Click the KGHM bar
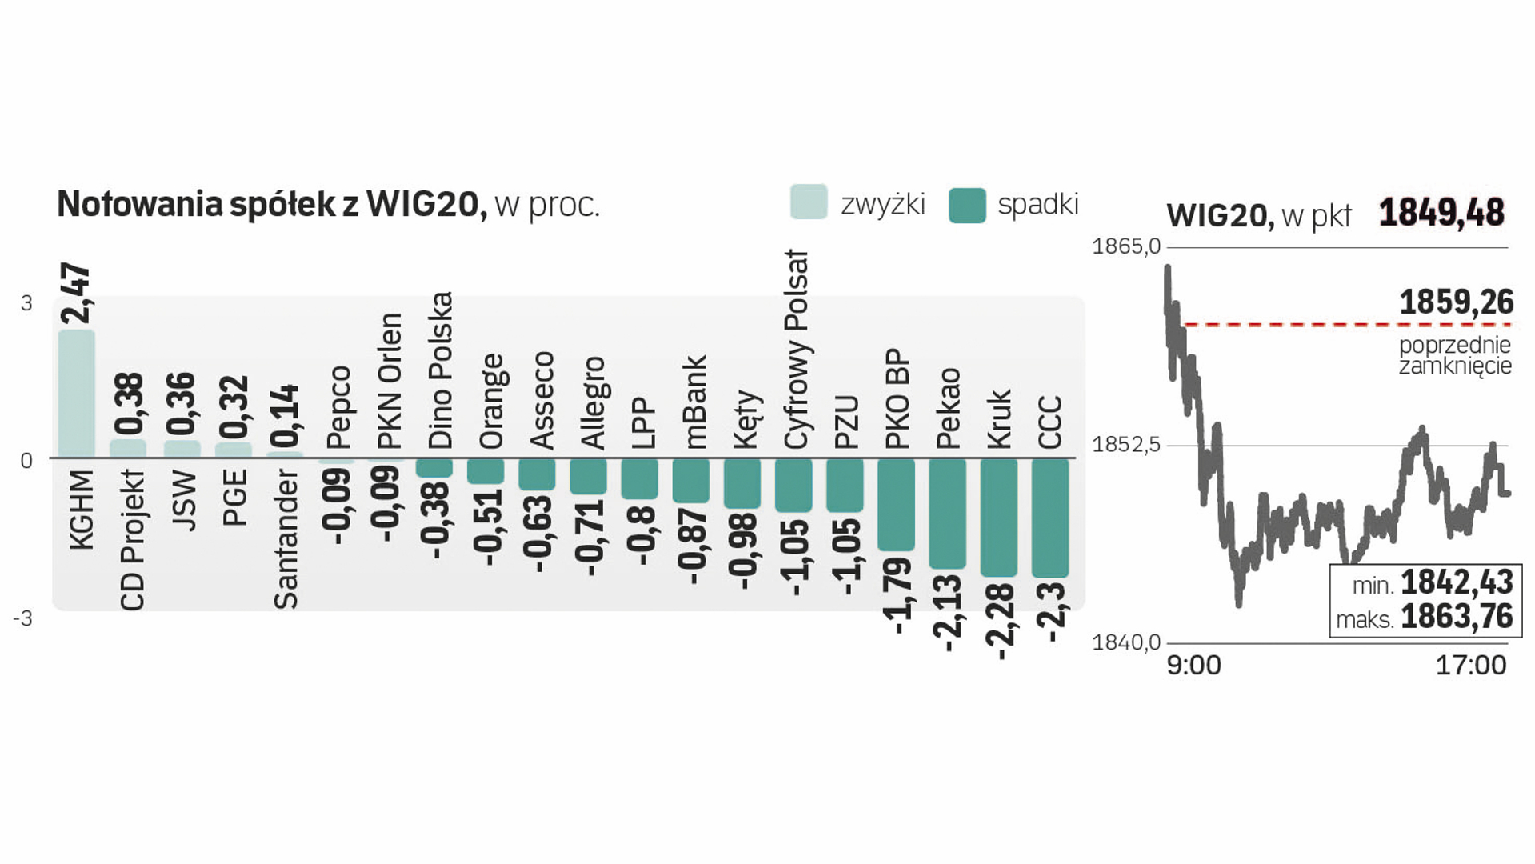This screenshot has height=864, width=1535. click(x=77, y=394)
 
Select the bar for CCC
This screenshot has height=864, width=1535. click(x=1050, y=518)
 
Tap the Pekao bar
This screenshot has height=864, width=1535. click(x=948, y=514)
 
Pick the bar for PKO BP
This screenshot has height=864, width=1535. click(x=896, y=505)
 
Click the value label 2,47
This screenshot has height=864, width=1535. click(x=77, y=293)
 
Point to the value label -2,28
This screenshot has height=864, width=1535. click(x=1000, y=622)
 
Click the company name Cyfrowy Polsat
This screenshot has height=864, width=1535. click(x=797, y=350)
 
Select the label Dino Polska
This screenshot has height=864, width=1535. click(x=440, y=370)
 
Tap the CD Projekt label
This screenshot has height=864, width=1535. click(x=133, y=540)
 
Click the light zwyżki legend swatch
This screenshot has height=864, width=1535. click(x=809, y=202)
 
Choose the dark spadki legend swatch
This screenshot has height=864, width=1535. click(x=967, y=205)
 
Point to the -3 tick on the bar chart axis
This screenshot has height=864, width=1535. click(x=23, y=618)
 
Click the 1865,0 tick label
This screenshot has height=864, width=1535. click(x=1125, y=246)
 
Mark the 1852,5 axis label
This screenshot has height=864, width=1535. click(x=1125, y=444)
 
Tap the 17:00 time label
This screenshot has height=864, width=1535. click(x=1470, y=666)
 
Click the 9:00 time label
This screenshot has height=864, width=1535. click(x=1193, y=666)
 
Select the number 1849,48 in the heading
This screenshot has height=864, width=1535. click(x=1441, y=213)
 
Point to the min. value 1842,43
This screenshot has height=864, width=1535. click(x=1457, y=582)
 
